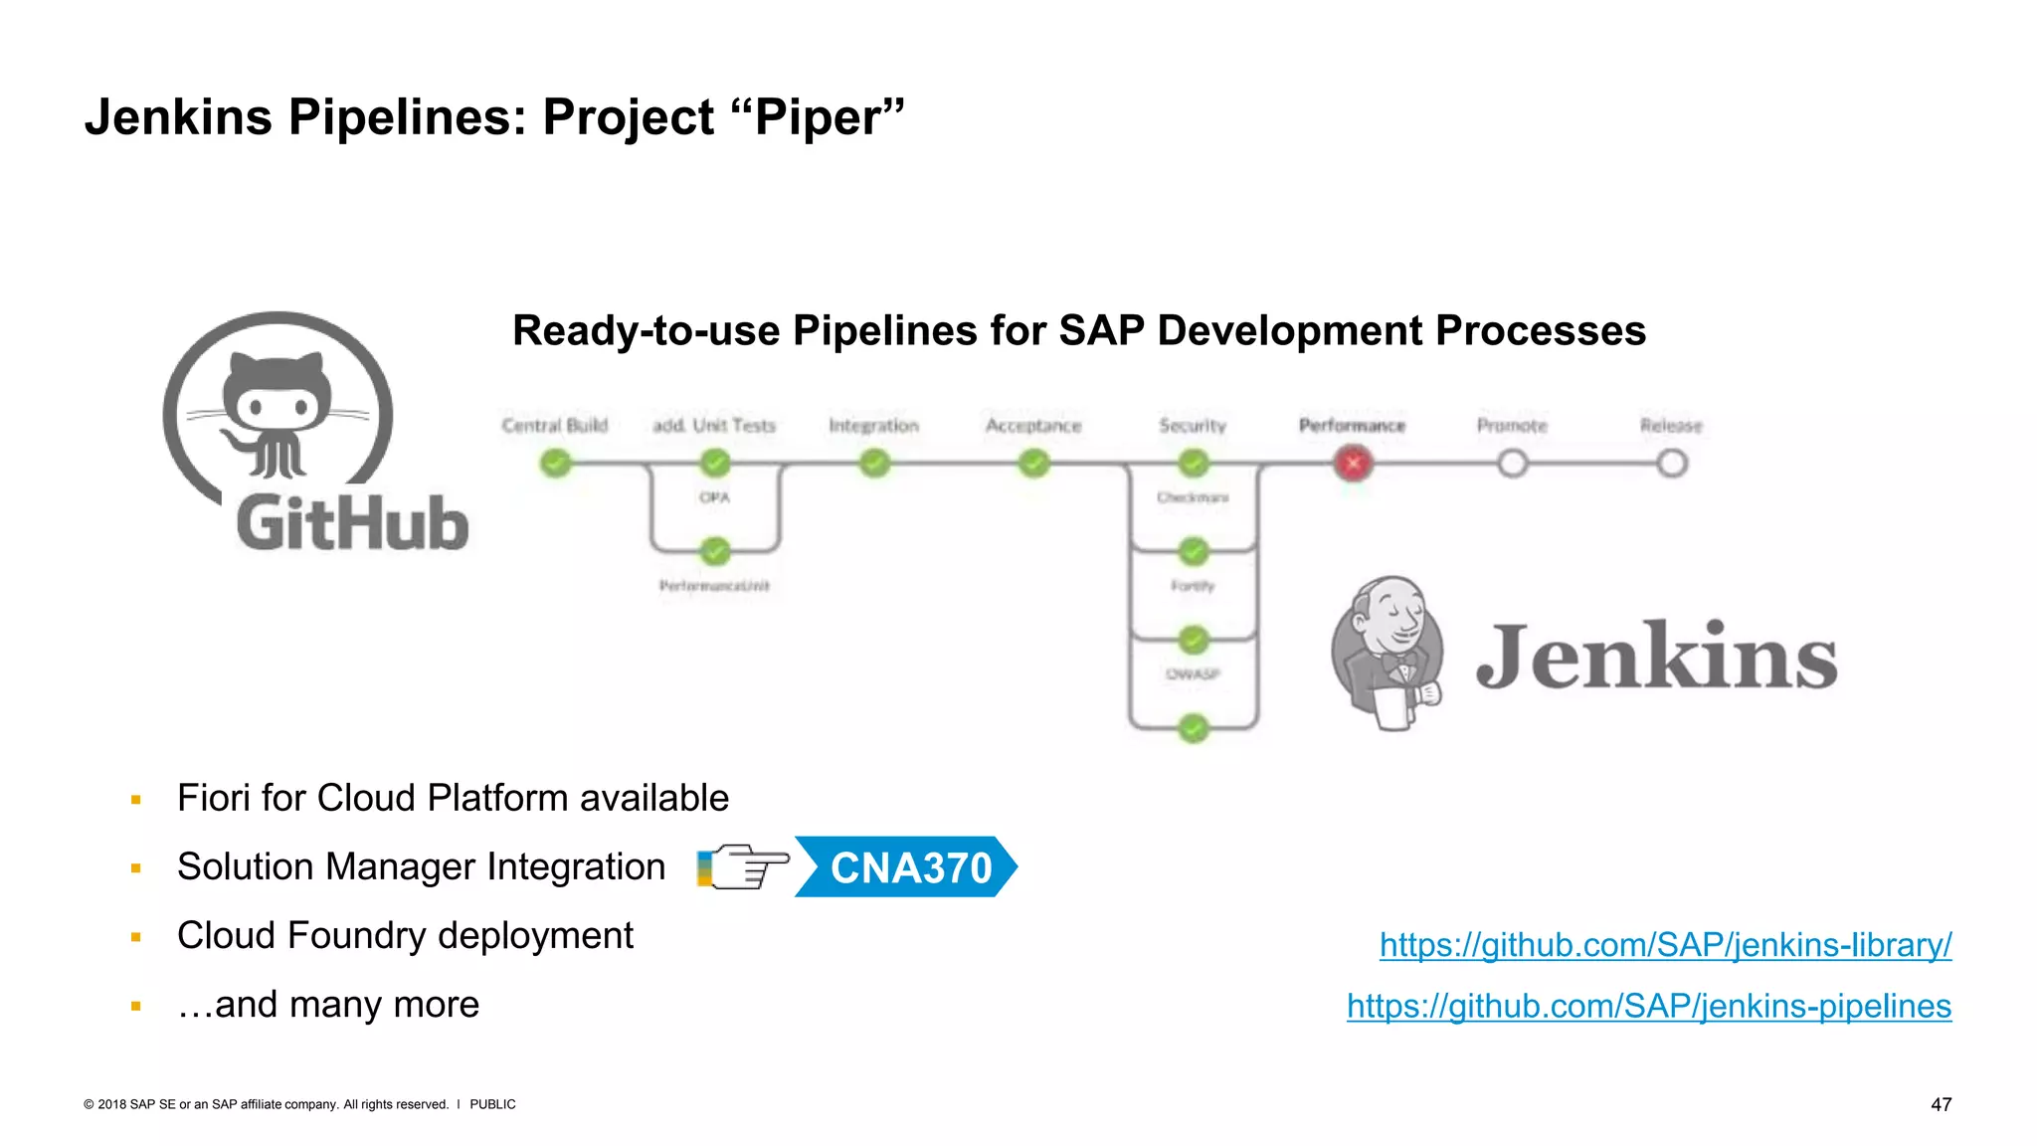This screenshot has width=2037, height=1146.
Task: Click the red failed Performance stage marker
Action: pyautogui.click(x=1353, y=464)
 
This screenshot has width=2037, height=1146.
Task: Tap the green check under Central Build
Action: pyautogui.click(x=555, y=464)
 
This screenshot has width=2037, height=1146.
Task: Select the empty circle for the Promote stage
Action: pyautogui.click(x=1512, y=464)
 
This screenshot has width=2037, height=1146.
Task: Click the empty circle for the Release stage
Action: pyautogui.click(x=1672, y=464)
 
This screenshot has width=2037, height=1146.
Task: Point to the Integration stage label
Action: pyautogui.click(x=873, y=426)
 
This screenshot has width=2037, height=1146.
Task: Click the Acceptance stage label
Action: pyautogui.click(x=1032, y=426)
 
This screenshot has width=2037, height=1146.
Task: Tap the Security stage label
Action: pyautogui.click(x=1193, y=426)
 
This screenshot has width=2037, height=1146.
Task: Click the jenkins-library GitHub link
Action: pyautogui.click(x=1665, y=945)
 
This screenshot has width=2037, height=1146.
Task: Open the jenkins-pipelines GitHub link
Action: pyautogui.click(x=1648, y=1007)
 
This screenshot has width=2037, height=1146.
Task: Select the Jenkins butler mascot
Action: pyautogui.click(x=1389, y=653)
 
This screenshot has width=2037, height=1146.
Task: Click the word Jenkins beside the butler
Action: pyautogui.click(x=1656, y=657)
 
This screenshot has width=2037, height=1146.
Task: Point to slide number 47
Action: pyautogui.click(x=1941, y=1104)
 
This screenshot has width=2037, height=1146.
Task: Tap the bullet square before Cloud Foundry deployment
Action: pyautogui.click(x=136, y=937)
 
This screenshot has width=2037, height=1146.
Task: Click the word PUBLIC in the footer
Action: pyautogui.click(x=492, y=1104)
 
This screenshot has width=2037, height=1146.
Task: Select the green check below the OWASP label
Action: pyautogui.click(x=1193, y=728)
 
